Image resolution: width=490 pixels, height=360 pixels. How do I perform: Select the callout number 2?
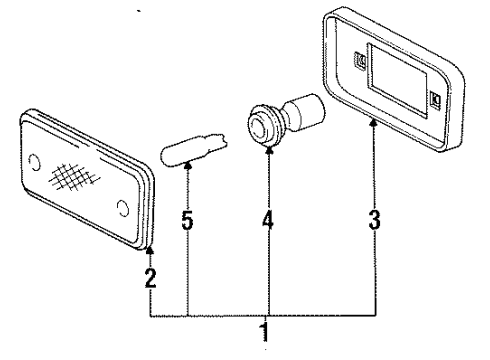[x=150, y=279]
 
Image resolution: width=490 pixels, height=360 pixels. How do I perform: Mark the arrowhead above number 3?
[x=375, y=150]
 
